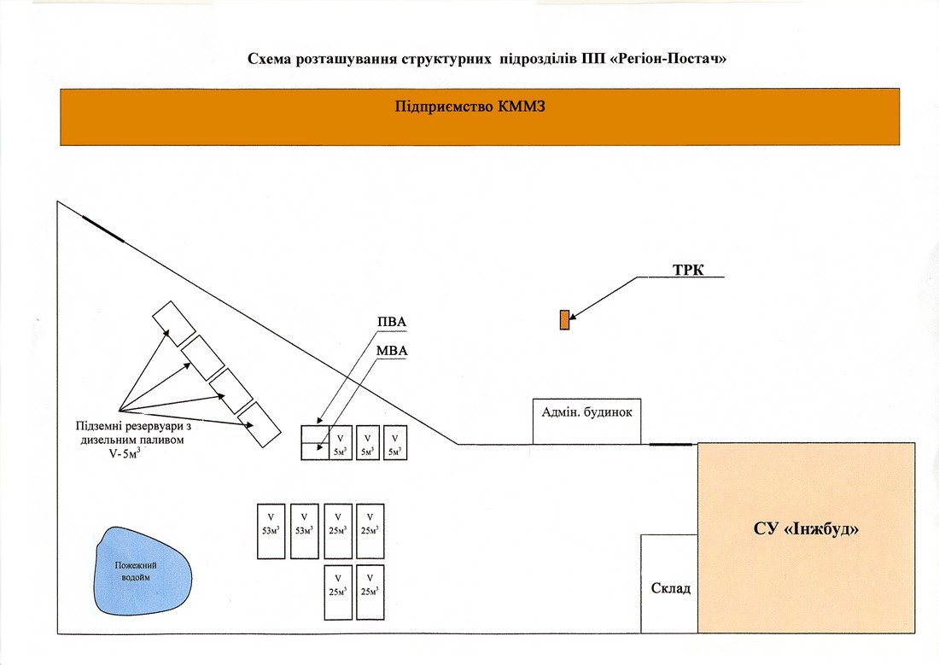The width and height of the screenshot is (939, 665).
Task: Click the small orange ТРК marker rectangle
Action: pyautogui.click(x=564, y=320)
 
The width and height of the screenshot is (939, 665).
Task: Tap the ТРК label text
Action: pyautogui.click(x=688, y=271)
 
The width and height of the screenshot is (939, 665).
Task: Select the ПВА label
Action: pyautogui.click(x=392, y=323)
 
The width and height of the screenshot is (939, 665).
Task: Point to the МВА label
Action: pyautogui.click(x=392, y=351)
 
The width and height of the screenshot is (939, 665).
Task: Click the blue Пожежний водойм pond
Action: pyautogui.click(x=143, y=572)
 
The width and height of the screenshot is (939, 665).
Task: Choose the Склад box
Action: pyautogui.click(x=669, y=584)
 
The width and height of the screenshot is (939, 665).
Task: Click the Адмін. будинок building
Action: pyautogui.click(x=587, y=421)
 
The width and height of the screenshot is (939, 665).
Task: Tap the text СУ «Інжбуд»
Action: pyautogui.click(x=806, y=529)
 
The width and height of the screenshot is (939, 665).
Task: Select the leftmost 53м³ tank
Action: pyautogui.click(x=271, y=531)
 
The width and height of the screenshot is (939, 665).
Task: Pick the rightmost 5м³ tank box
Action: pyautogui.click(x=395, y=443)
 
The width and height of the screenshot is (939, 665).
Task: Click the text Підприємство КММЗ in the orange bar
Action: pyautogui.click(x=470, y=108)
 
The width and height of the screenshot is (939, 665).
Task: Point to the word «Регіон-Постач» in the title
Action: pyautogui.click(x=668, y=59)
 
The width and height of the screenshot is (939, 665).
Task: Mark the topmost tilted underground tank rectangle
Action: pyautogui.click(x=173, y=324)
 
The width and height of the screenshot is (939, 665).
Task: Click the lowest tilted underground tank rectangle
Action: pyautogui.click(x=260, y=424)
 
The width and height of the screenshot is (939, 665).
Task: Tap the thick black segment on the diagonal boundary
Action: pyautogui.click(x=103, y=229)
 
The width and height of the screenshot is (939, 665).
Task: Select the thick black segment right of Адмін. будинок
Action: pyautogui.click(x=671, y=445)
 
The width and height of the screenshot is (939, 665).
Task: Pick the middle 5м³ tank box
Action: pyautogui.click(x=368, y=443)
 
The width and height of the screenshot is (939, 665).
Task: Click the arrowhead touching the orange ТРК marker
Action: pyautogui.click(x=573, y=317)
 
